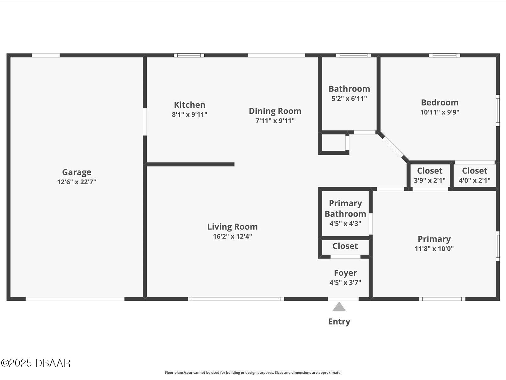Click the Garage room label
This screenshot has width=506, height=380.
(77, 172)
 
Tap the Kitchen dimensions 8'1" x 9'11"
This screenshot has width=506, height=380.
(189, 114)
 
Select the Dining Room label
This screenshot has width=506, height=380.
(275, 111)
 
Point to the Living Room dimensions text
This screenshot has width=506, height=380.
(232, 236)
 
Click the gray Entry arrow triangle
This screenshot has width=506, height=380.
(339, 307)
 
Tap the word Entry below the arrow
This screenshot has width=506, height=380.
(339, 321)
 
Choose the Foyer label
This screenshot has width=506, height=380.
(345, 273)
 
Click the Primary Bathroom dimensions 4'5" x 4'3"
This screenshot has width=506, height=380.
(345, 223)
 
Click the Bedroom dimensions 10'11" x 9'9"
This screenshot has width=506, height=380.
(440, 112)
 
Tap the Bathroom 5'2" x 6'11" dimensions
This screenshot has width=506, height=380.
(349, 98)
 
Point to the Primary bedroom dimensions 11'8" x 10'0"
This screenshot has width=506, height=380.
(434, 249)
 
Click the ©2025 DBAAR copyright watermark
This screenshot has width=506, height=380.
(36, 363)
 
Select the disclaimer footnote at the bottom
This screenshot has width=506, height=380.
(253, 372)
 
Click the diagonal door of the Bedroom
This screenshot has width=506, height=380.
(393, 147)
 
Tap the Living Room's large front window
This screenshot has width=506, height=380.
(236, 299)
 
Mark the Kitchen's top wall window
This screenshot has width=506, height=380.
(189, 55)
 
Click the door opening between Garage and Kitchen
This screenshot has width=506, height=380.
(145, 122)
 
